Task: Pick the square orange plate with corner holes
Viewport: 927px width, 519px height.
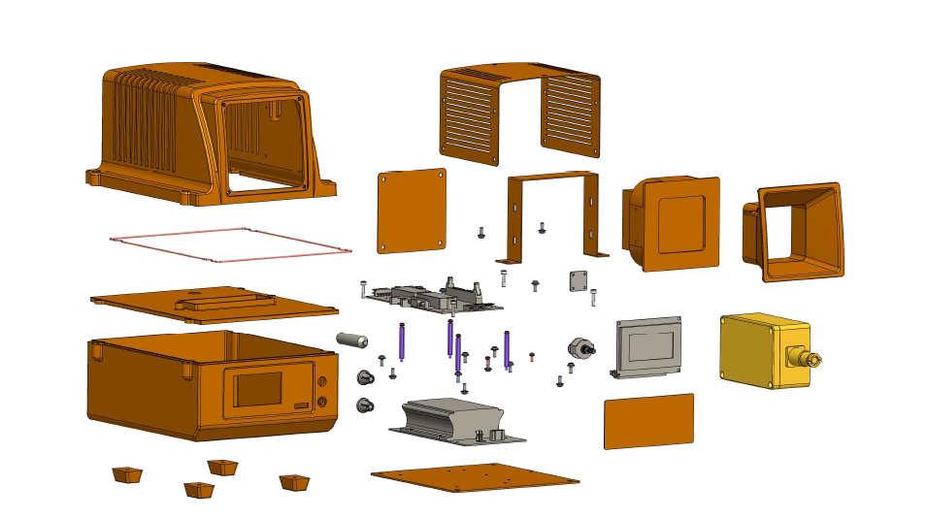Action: [412, 211]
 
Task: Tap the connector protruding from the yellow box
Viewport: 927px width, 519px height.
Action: [810, 360]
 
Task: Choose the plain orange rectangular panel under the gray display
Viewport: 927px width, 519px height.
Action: [649, 420]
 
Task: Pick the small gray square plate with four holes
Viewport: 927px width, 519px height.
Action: [579, 280]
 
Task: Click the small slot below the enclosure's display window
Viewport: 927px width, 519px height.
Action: [301, 405]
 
